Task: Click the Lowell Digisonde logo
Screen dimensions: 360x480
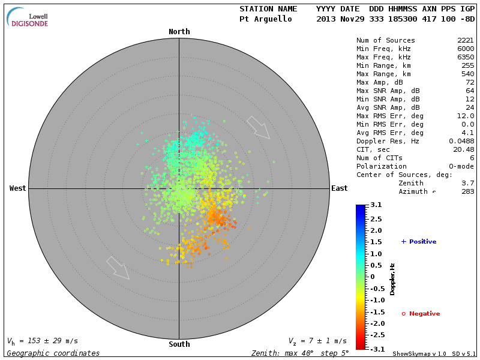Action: coord(28,17)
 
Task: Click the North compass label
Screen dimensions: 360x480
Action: coord(179,32)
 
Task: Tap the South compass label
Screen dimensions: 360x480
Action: coord(179,344)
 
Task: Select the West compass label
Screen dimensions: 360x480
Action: coord(18,188)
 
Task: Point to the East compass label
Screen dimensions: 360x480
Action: coord(340,188)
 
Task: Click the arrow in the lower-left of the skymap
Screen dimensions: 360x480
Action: coord(118,268)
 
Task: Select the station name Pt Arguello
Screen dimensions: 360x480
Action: coord(266,19)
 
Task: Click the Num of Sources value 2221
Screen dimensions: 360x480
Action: coord(466,41)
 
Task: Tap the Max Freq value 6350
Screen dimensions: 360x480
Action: coord(466,58)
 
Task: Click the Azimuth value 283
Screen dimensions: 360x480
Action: coord(468,191)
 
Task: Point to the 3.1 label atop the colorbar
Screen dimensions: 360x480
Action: coord(376,205)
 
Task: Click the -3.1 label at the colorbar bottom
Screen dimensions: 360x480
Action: coord(375,349)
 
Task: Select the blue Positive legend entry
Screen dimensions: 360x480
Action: coord(419,242)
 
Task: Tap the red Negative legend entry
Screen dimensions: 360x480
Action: coord(421,314)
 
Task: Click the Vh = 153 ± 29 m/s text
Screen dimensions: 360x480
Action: coord(43,341)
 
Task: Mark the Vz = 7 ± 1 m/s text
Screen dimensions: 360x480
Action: coord(317,341)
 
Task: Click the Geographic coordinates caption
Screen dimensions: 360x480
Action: coord(53,353)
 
